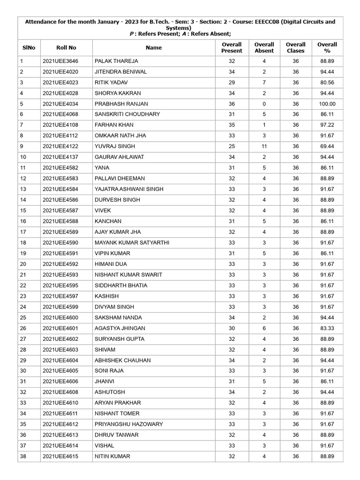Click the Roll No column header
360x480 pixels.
66,47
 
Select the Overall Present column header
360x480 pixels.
232,47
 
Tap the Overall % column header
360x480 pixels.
327,47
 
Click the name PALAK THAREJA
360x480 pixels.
116,61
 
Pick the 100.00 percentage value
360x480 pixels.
327,104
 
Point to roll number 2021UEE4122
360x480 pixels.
60,146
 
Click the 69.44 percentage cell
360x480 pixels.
327,146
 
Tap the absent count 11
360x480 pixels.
264,146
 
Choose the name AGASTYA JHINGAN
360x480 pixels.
120,328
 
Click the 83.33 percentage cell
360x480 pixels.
327,328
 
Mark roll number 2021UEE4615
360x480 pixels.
60,456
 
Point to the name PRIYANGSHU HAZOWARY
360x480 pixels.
129,424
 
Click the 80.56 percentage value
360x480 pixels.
327,82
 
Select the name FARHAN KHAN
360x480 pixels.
114,125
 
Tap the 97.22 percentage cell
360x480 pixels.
327,125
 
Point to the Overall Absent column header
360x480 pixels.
264,47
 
